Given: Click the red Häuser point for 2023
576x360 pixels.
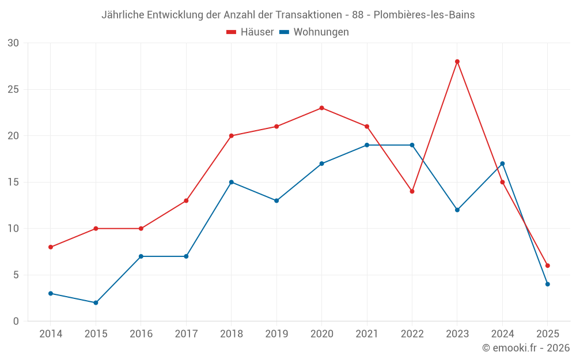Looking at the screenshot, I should [457, 62].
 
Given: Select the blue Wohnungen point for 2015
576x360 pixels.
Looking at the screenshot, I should [96, 302].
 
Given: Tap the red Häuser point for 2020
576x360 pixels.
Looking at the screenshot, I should [321, 108].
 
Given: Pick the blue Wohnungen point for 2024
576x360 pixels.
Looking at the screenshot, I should [502, 164].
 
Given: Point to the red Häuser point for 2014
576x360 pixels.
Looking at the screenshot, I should [51, 247].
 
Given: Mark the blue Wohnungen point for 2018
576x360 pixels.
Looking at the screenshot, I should [231, 182].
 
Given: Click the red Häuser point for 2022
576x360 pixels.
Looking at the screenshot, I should [412, 191].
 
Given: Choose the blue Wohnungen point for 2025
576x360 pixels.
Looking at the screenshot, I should [547, 284].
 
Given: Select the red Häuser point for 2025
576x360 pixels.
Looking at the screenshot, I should [547, 266].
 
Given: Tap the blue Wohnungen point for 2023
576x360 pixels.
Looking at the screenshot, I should [457, 210].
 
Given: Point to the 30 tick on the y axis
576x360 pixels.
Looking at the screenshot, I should [13, 43].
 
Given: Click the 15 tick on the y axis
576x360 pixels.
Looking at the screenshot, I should [13, 182].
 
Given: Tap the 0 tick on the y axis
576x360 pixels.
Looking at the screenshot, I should [16, 321].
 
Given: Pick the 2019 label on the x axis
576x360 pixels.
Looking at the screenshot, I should [276, 334].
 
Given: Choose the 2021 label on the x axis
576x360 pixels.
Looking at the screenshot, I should [367, 334].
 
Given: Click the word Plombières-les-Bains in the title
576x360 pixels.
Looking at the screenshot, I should [424, 15].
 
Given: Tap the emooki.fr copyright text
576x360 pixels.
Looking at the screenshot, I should [525, 348].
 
